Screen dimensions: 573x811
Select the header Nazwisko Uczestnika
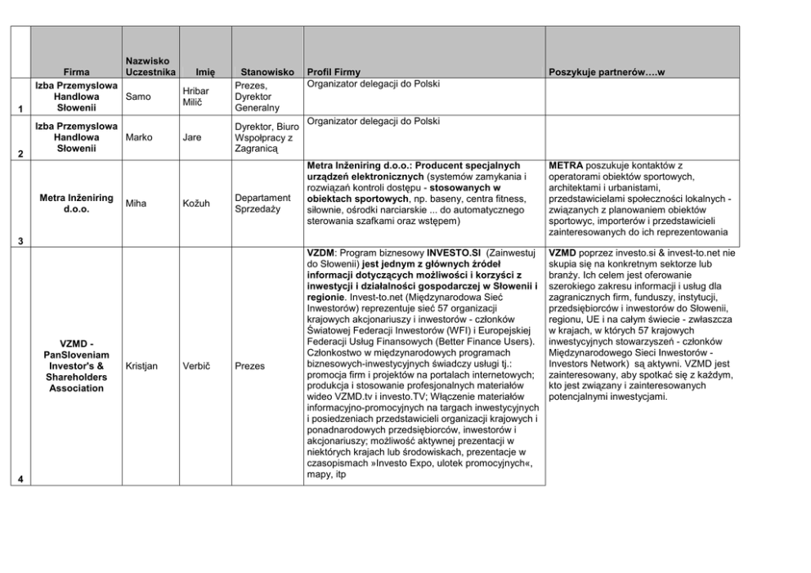[x=148, y=66]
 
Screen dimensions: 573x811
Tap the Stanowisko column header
[x=261, y=72]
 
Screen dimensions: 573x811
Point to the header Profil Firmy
[x=332, y=72]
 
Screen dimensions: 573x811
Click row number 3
[x=20, y=240]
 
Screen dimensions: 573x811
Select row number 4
[x=20, y=480]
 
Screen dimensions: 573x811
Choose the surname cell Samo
[x=139, y=96]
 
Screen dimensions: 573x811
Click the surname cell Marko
[x=139, y=137]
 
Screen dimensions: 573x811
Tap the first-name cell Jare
[x=192, y=137]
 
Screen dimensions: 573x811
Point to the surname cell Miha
[x=137, y=204]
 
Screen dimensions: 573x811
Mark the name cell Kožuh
[x=197, y=204]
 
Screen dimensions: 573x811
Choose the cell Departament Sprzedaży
[x=262, y=204]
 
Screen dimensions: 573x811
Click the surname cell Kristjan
[x=142, y=366]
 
